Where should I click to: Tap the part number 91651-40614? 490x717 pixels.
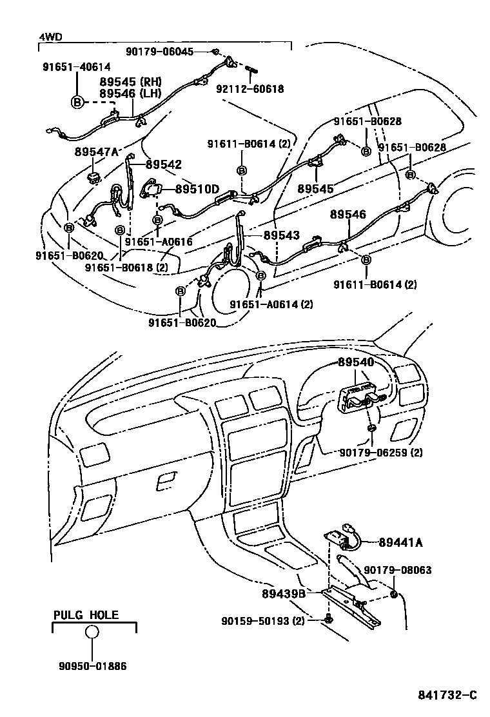point(77,66)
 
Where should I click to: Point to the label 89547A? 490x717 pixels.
point(97,152)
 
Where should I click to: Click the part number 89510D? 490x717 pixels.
point(197,189)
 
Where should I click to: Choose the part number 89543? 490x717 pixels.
point(281,235)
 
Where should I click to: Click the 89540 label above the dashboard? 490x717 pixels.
point(356,363)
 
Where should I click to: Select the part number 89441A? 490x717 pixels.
point(400,543)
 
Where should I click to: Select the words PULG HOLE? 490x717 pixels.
point(86,615)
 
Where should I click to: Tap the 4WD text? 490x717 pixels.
point(51,37)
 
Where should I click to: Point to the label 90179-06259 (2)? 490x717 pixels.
point(381,452)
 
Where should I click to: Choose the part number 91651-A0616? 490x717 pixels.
point(159,241)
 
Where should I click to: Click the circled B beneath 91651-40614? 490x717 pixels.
point(77,101)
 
